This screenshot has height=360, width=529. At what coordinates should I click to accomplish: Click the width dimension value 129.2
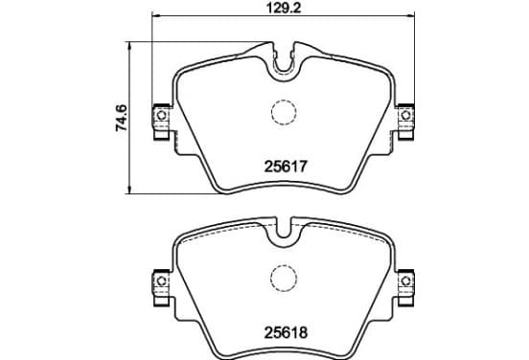[284, 8]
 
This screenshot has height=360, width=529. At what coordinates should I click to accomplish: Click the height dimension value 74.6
[121, 118]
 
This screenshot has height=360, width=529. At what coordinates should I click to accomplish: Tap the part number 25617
[286, 167]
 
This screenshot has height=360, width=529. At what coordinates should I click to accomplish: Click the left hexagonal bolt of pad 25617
[162, 115]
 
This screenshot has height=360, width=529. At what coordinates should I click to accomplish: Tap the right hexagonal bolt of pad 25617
[406, 115]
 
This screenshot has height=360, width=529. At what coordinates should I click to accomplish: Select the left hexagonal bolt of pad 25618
[162, 281]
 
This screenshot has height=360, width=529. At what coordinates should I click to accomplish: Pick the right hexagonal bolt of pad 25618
[406, 281]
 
